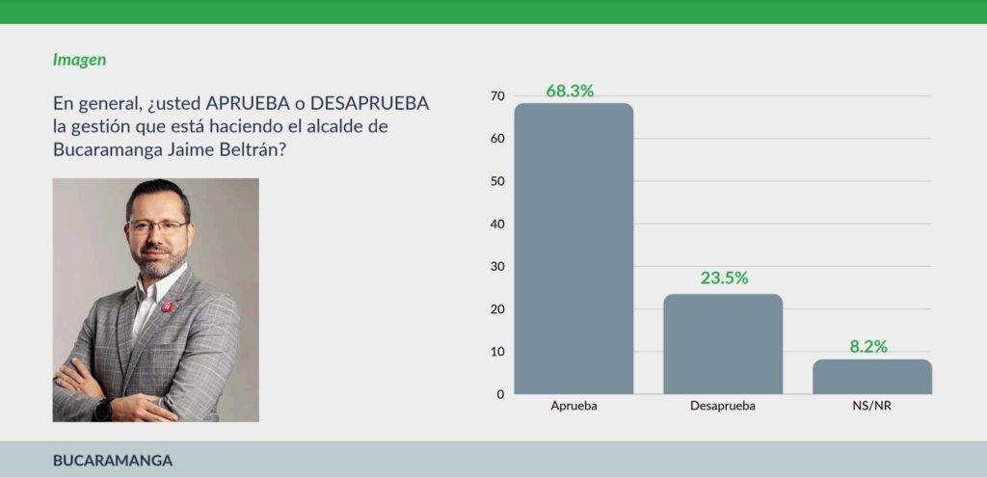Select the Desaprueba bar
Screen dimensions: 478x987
723,344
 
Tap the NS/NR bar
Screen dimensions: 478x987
871,377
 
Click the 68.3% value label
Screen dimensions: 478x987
570,92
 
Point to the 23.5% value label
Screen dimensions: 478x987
724,279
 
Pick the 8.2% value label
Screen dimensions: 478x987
868,346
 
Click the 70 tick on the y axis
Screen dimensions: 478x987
497,96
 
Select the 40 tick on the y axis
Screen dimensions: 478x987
497,224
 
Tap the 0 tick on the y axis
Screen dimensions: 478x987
500,394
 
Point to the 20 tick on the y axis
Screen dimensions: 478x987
497,309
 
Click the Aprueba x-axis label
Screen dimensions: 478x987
574,407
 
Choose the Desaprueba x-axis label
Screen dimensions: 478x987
723,407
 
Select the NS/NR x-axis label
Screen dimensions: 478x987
871,407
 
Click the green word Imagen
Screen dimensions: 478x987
79,60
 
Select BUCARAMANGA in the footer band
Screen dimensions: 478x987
113,461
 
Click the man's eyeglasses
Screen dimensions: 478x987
156,226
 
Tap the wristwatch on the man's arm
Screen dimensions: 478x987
103,409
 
